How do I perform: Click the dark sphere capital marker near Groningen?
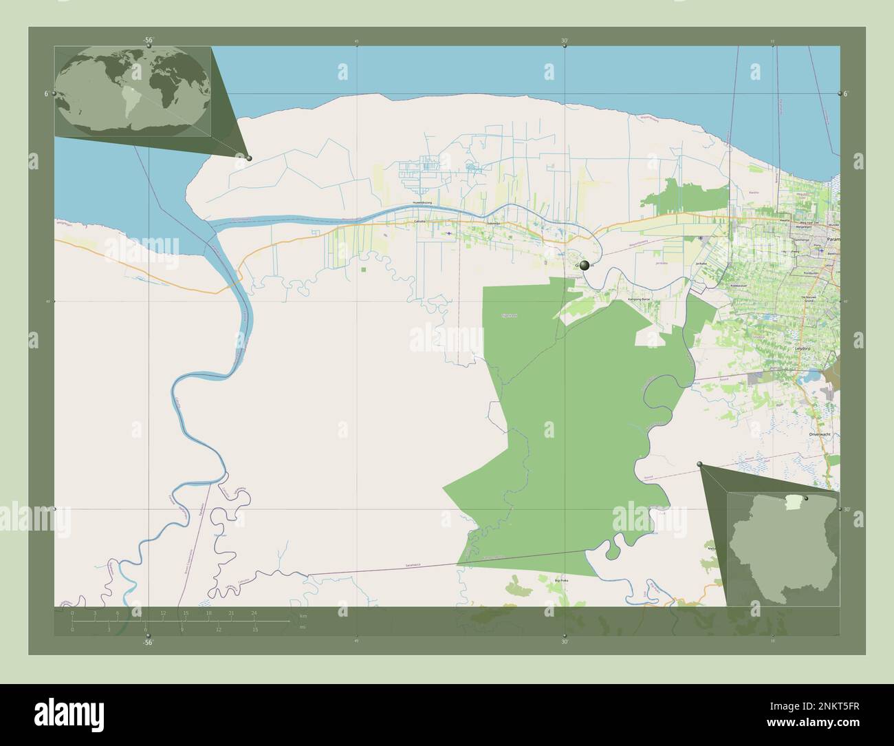(x=585, y=265)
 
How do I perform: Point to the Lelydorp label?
(x=803, y=349)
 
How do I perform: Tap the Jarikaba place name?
(x=701, y=264)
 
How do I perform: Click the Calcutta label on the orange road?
(x=420, y=222)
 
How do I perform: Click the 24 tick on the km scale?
(x=254, y=612)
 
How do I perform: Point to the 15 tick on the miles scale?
(x=255, y=629)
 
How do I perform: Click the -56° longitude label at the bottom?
(x=147, y=642)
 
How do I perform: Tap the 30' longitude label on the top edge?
(x=564, y=41)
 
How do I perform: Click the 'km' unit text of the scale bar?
(x=303, y=615)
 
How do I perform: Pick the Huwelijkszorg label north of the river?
(x=426, y=203)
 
